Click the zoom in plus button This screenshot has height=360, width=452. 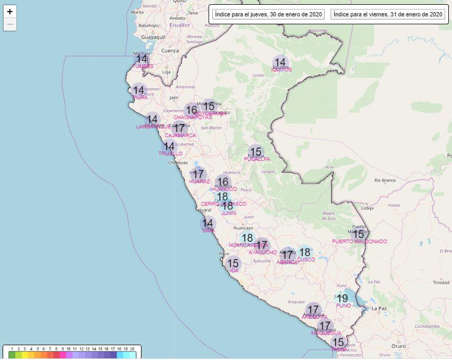10,12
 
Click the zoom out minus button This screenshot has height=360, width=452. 10,25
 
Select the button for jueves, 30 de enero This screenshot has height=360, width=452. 268,14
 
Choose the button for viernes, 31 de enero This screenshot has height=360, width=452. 387,14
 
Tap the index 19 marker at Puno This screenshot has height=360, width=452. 343,298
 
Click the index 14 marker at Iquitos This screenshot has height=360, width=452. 280,62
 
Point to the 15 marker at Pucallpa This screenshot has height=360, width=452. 256,153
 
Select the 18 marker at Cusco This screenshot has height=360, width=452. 305,252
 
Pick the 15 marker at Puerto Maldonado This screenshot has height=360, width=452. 359,234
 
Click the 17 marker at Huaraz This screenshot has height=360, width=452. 198,174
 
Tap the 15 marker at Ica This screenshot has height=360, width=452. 233,263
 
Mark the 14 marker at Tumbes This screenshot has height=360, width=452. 142,59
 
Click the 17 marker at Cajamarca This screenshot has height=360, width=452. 180,128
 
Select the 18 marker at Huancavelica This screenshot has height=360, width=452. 247,238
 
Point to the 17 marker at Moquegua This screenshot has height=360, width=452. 325,326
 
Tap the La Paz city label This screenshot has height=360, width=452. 380,308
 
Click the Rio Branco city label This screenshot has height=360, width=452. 385,180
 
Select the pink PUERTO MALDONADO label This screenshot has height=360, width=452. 359,242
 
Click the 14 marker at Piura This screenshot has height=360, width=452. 138,90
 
